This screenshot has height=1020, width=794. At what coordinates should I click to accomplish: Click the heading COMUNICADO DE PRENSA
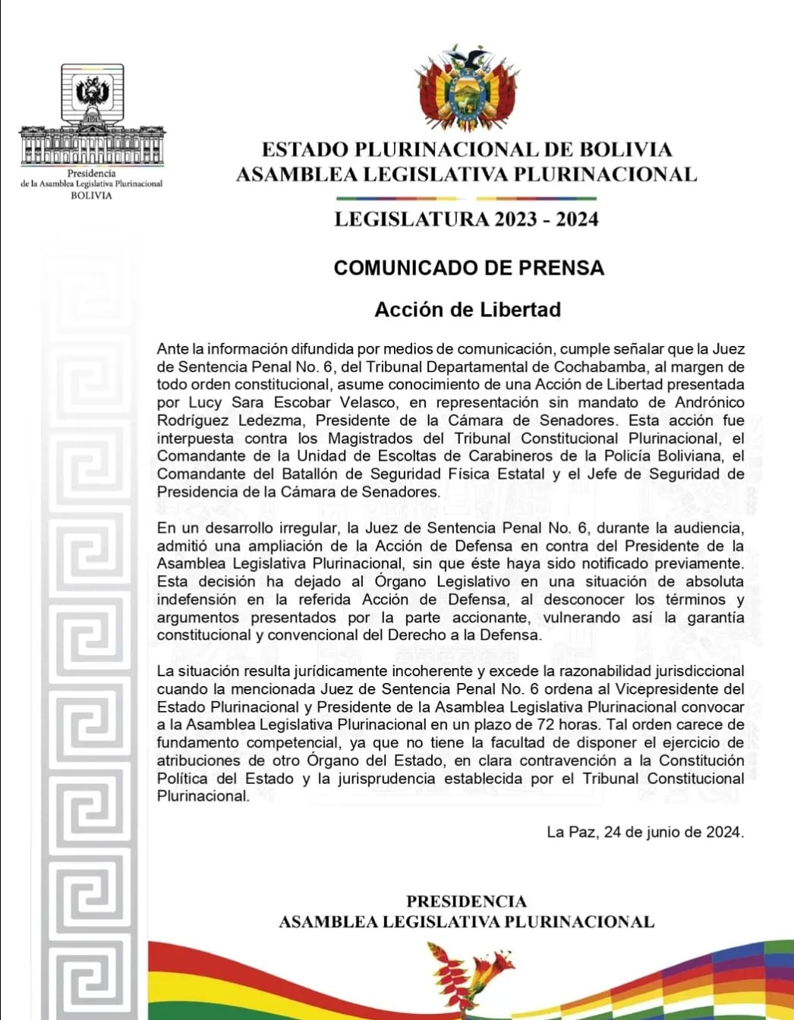click(468, 268)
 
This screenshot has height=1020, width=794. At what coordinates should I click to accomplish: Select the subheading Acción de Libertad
click(468, 310)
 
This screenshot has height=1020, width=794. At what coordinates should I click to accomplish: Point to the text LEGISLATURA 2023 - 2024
click(466, 219)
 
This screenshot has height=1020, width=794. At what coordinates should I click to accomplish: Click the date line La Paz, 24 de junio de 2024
click(644, 832)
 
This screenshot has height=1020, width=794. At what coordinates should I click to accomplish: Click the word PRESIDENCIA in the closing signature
click(466, 902)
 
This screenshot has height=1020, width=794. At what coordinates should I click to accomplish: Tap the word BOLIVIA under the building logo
click(91, 196)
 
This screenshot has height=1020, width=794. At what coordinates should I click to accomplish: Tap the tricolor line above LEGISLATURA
click(466, 199)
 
